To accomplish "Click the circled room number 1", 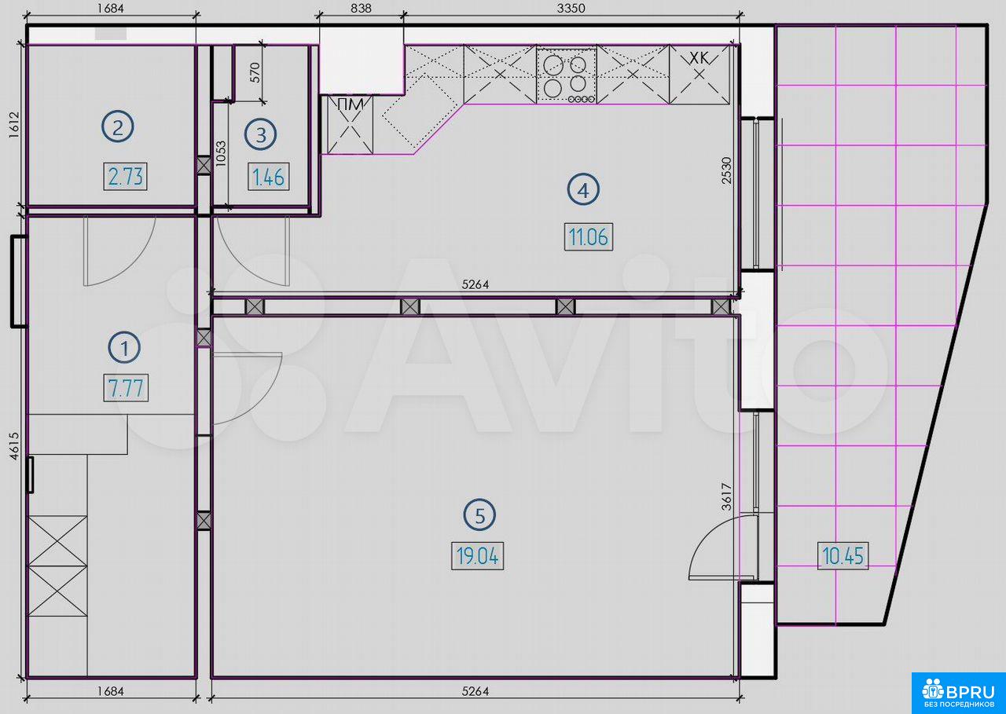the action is click(124, 348).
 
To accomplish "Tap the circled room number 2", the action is click(117, 127).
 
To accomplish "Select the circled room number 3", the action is click(260, 134).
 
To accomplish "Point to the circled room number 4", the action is click(583, 190).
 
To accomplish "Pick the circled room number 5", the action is click(479, 515).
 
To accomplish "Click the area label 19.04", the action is click(477, 556).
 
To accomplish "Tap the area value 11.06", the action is click(589, 236).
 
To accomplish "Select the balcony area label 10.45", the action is click(843, 555).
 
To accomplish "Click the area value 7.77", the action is click(126, 388).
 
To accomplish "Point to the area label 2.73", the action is click(125, 177).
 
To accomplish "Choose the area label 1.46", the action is click(269, 177).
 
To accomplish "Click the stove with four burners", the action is click(567, 75).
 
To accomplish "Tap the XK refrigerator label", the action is click(699, 57).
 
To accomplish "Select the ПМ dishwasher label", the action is click(350, 104).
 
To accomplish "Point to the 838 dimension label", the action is click(361, 8).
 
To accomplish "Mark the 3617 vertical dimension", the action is click(726, 496).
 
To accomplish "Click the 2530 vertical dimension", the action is click(726, 170).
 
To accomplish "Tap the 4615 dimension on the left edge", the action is click(14, 445).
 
